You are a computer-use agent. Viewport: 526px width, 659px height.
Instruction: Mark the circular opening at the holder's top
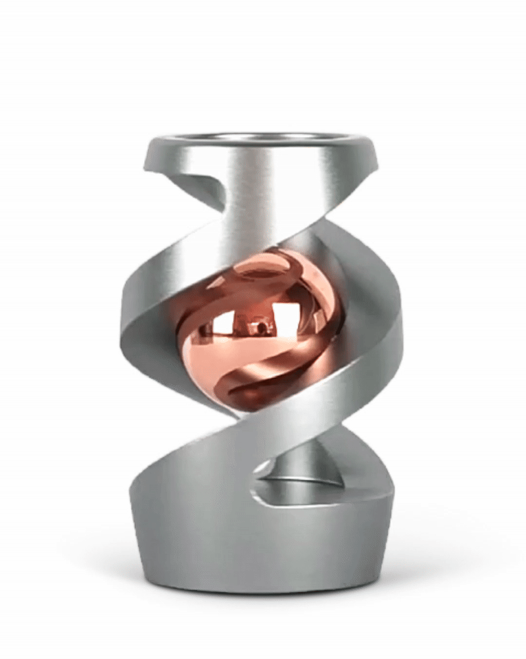(x=263, y=138)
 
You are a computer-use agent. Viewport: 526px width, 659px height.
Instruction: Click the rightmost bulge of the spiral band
(x=397, y=336)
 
